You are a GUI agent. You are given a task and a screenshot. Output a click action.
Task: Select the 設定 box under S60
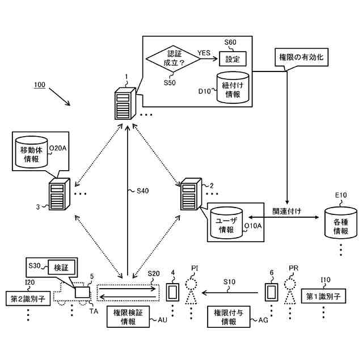[x=233, y=58]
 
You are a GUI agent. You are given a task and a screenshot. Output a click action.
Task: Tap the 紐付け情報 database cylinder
[x=233, y=87]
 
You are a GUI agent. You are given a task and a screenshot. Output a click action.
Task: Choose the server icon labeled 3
[x=58, y=195]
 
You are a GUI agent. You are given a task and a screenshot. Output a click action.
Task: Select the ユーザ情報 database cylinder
[x=226, y=223]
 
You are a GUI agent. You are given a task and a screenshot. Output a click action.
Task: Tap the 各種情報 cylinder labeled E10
[x=341, y=223]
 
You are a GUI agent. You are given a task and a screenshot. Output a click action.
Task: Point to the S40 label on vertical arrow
[x=142, y=191]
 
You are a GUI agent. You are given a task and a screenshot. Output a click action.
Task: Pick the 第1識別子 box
[x=322, y=296]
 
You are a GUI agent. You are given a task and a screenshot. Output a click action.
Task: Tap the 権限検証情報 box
[x=128, y=317]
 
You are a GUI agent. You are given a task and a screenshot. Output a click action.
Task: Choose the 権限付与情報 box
[x=229, y=317]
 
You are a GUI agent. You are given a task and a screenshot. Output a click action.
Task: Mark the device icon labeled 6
[x=272, y=293]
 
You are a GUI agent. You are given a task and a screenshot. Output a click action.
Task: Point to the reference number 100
[x=39, y=85]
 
